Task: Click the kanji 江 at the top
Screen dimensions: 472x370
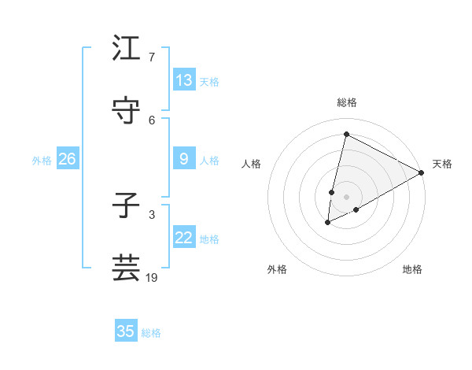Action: tap(127, 49)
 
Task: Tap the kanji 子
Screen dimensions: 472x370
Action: tap(127, 205)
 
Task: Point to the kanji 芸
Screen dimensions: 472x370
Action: tap(127, 268)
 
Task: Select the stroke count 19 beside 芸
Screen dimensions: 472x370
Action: tap(153, 277)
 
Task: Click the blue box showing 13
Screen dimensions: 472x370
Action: tap(184, 80)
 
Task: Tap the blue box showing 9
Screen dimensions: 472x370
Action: tap(184, 159)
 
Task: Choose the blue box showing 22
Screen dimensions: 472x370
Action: tap(184, 238)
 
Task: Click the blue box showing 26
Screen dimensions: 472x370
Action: tap(67, 159)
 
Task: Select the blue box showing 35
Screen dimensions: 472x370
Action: tap(126, 331)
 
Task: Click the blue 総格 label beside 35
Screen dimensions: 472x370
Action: tap(151, 333)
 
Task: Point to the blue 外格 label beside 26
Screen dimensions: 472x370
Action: tap(42, 161)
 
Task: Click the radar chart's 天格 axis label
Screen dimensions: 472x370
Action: tap(442, 164)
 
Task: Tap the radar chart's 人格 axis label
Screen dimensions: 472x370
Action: tap(252, 164)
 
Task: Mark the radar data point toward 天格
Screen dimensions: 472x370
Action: tap(421, 172)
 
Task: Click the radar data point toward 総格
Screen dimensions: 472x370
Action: tap(346, 135)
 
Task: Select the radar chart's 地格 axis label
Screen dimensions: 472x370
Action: tap(412, 269)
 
